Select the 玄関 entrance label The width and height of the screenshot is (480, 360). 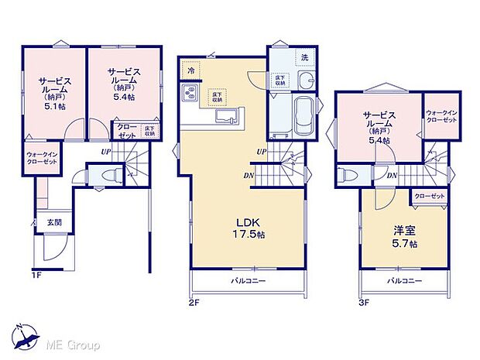pyautogui.click(x=53, y=223)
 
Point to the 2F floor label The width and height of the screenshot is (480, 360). pyautogui.click(x=194, y=304)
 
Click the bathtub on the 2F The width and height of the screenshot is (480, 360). pyautogui.click(x=303, y=116)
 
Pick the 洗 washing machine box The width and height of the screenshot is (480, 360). pyautogui.click(x=304, y=58)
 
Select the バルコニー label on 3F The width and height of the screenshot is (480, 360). pyautogui.click(x=403, y=279)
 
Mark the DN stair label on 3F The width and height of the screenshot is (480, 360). pyautogui.click(x=393, y=176)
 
